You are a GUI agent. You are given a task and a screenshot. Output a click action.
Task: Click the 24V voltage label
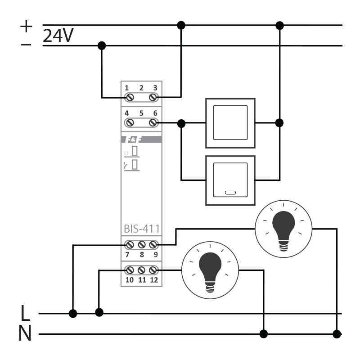58,36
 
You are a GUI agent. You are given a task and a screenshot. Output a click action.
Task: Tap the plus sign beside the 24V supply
27,27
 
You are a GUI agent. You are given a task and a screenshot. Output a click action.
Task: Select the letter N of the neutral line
25,334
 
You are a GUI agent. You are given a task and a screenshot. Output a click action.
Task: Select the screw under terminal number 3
153,97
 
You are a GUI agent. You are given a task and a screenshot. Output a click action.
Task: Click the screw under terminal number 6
153,122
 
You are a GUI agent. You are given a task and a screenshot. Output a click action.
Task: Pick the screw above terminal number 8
141,245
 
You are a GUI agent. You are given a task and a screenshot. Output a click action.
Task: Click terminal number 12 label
153,280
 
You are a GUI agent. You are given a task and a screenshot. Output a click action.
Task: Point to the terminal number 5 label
141,113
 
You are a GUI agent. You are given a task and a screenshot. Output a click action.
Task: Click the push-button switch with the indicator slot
230,180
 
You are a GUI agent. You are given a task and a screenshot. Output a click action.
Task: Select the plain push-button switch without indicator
230,122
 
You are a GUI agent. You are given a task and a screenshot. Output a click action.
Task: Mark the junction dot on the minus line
102,45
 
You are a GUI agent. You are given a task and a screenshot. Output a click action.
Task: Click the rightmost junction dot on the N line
337,334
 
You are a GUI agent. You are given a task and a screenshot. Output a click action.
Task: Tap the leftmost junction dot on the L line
72,313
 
